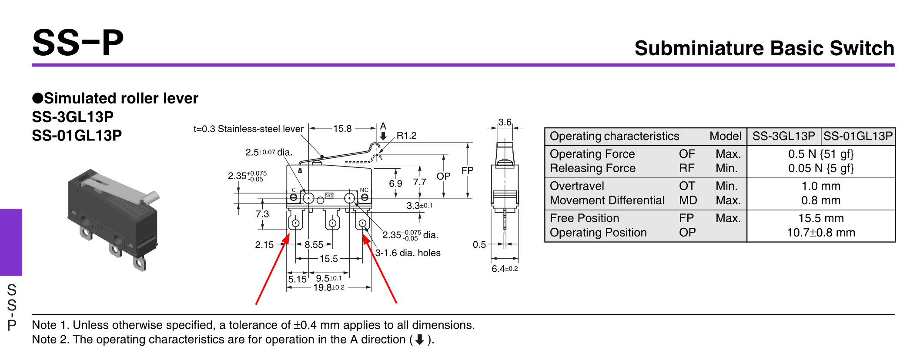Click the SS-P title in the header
pos(78,43)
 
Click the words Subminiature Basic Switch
pos(764,48)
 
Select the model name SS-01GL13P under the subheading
pos(77,136)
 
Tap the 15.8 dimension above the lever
pos(342,129)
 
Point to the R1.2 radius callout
pos(406,135)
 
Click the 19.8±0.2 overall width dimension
pos(328,287)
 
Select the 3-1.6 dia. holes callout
pos(408,253)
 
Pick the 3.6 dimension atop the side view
pos(505,122)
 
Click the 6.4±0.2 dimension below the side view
pos(505,269)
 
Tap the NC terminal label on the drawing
pos(364,190)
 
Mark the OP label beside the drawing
pos(443,176)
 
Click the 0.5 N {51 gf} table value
pos(820,154)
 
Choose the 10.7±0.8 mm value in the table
pos(820,233)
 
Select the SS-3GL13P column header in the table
pos(783,136)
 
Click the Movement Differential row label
pos(607,200)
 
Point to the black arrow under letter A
pos(383,136)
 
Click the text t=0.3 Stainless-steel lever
pos(248,129)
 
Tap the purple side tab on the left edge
pos(11,242)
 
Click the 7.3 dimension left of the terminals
pos(262,214)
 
